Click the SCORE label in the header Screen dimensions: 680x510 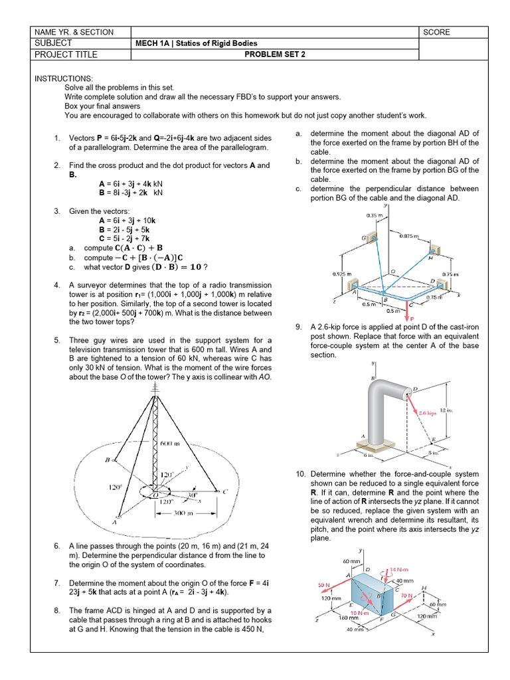(436, 32)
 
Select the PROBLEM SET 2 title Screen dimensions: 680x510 (275, 54)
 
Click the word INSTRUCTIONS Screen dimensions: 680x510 (64, 78)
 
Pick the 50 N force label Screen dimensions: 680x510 (325, 585)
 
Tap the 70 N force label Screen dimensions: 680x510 (407, 596)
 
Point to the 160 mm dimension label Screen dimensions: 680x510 (343, 618)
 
